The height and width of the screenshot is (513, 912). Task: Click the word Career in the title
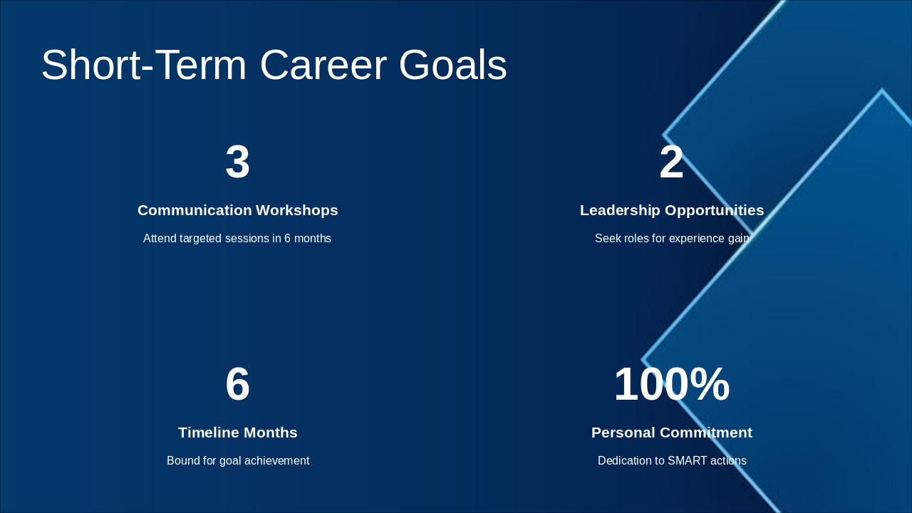pyautogui.click(x=323, y=65)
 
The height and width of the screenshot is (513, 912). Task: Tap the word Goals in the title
pyautogui.click(x=452, y=65)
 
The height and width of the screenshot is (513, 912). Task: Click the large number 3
pyautogui.click(x=237, y=162)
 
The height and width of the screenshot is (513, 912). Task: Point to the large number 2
pyautogui.click(x=671, y=162)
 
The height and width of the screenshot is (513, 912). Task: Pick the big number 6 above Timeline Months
pyautogui.click(x=237, y=384)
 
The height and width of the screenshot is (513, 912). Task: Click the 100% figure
pyautogui.click(x=672, y=384)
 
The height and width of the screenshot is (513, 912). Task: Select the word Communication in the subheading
pyautogui.click(x=195, y=210)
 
